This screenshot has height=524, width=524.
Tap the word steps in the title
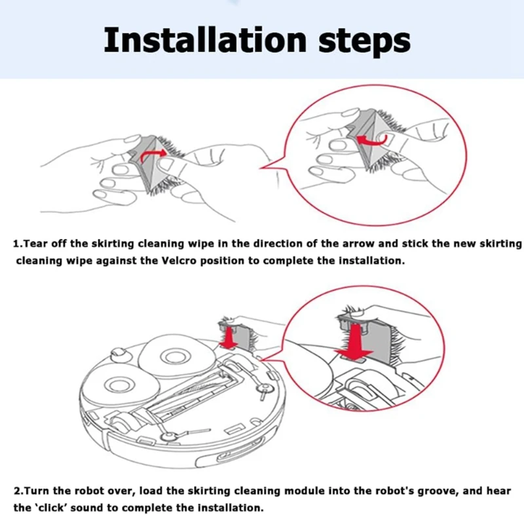click(364, 43)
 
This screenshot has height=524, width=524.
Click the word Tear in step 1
click(36, 243)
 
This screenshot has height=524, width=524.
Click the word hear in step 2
click(499, 491)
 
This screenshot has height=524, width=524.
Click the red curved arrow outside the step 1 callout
click(152, 155)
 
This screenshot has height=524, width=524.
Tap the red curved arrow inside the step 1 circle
click(372, 140)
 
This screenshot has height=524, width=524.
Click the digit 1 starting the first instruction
click(16, 244)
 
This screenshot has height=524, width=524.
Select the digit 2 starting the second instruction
click(18, 491)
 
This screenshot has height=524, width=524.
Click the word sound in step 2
click(86, 508)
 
